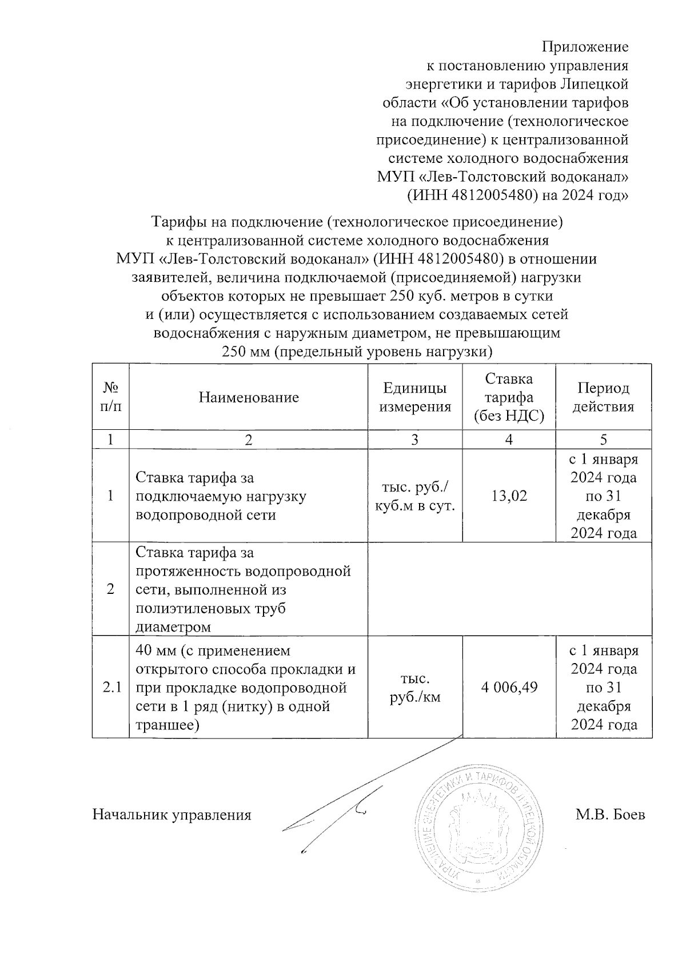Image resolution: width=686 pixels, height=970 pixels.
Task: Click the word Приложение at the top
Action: [x=585, y=46]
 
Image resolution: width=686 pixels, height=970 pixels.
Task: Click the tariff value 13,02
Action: [x=509, y=496]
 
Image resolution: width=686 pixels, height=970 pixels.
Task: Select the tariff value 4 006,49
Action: [x=509, y=688]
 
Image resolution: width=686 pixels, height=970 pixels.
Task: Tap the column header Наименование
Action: [x=249, y=397]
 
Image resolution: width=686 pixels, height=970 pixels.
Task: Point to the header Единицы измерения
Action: [x=415, y=397]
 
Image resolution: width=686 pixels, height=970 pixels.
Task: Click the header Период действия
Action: [x=603, y=397]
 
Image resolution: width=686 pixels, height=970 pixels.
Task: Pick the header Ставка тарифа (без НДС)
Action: [x=509, y=397]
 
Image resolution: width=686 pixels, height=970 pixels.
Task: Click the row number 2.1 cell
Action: [x=110, y=688]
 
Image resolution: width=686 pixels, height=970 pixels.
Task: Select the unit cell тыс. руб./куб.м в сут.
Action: [x=415, y=496]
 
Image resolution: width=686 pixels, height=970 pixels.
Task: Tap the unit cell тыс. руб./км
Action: [x=415, y=688]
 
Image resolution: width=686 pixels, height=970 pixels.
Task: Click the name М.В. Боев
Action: [x=610, y=815]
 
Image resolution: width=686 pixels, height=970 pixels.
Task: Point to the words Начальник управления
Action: [x=172, y=815]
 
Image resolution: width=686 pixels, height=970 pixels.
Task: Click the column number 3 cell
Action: [x=415, y=439]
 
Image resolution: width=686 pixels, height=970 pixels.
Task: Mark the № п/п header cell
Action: [x=110, y=397]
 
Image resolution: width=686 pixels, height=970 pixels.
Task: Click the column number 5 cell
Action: [x=603, y=439]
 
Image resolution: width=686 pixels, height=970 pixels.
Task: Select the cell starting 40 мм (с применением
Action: [x=246, y=688]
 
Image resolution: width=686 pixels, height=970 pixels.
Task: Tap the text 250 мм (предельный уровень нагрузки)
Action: [x=357, y=351]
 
